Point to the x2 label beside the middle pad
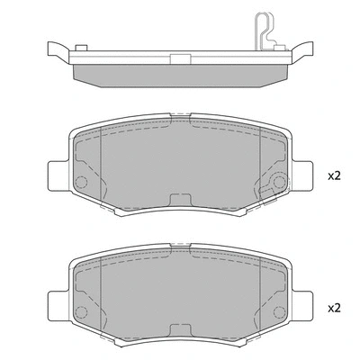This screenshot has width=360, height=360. [x=335, y=176]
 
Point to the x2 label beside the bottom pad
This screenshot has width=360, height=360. [x=335, y=308]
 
